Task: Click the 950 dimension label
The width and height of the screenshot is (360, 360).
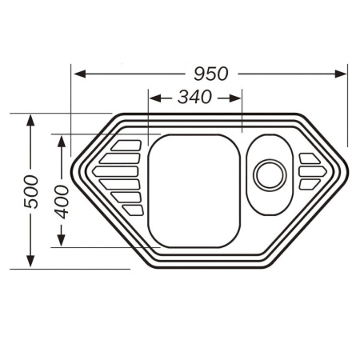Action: tap(211, 74)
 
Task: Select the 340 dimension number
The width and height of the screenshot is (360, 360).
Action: tap(194, 97)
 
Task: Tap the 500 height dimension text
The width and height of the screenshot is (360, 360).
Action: tap(30, 191)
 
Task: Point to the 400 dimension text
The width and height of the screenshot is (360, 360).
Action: tap(62, 202)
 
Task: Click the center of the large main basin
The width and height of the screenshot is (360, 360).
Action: tap(194, 191)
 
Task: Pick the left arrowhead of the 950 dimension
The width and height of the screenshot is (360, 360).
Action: tap(79, 74)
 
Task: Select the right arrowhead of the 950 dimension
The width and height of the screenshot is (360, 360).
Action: tap(341, 74)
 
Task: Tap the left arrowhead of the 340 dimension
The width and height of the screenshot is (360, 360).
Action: tap(155, 98)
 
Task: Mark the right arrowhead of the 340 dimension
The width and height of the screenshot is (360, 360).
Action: tap(235, 98)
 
